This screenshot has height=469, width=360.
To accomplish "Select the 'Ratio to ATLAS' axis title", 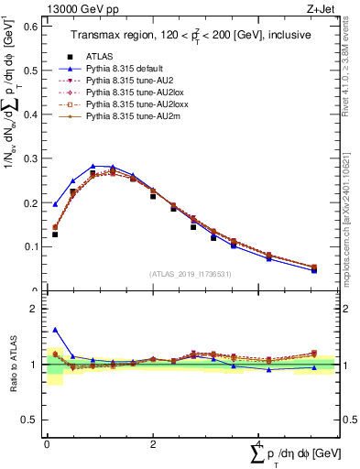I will [12, 365].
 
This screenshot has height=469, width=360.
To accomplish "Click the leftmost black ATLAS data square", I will [55, 234].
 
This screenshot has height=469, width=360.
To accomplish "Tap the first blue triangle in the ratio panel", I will [55, 330].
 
